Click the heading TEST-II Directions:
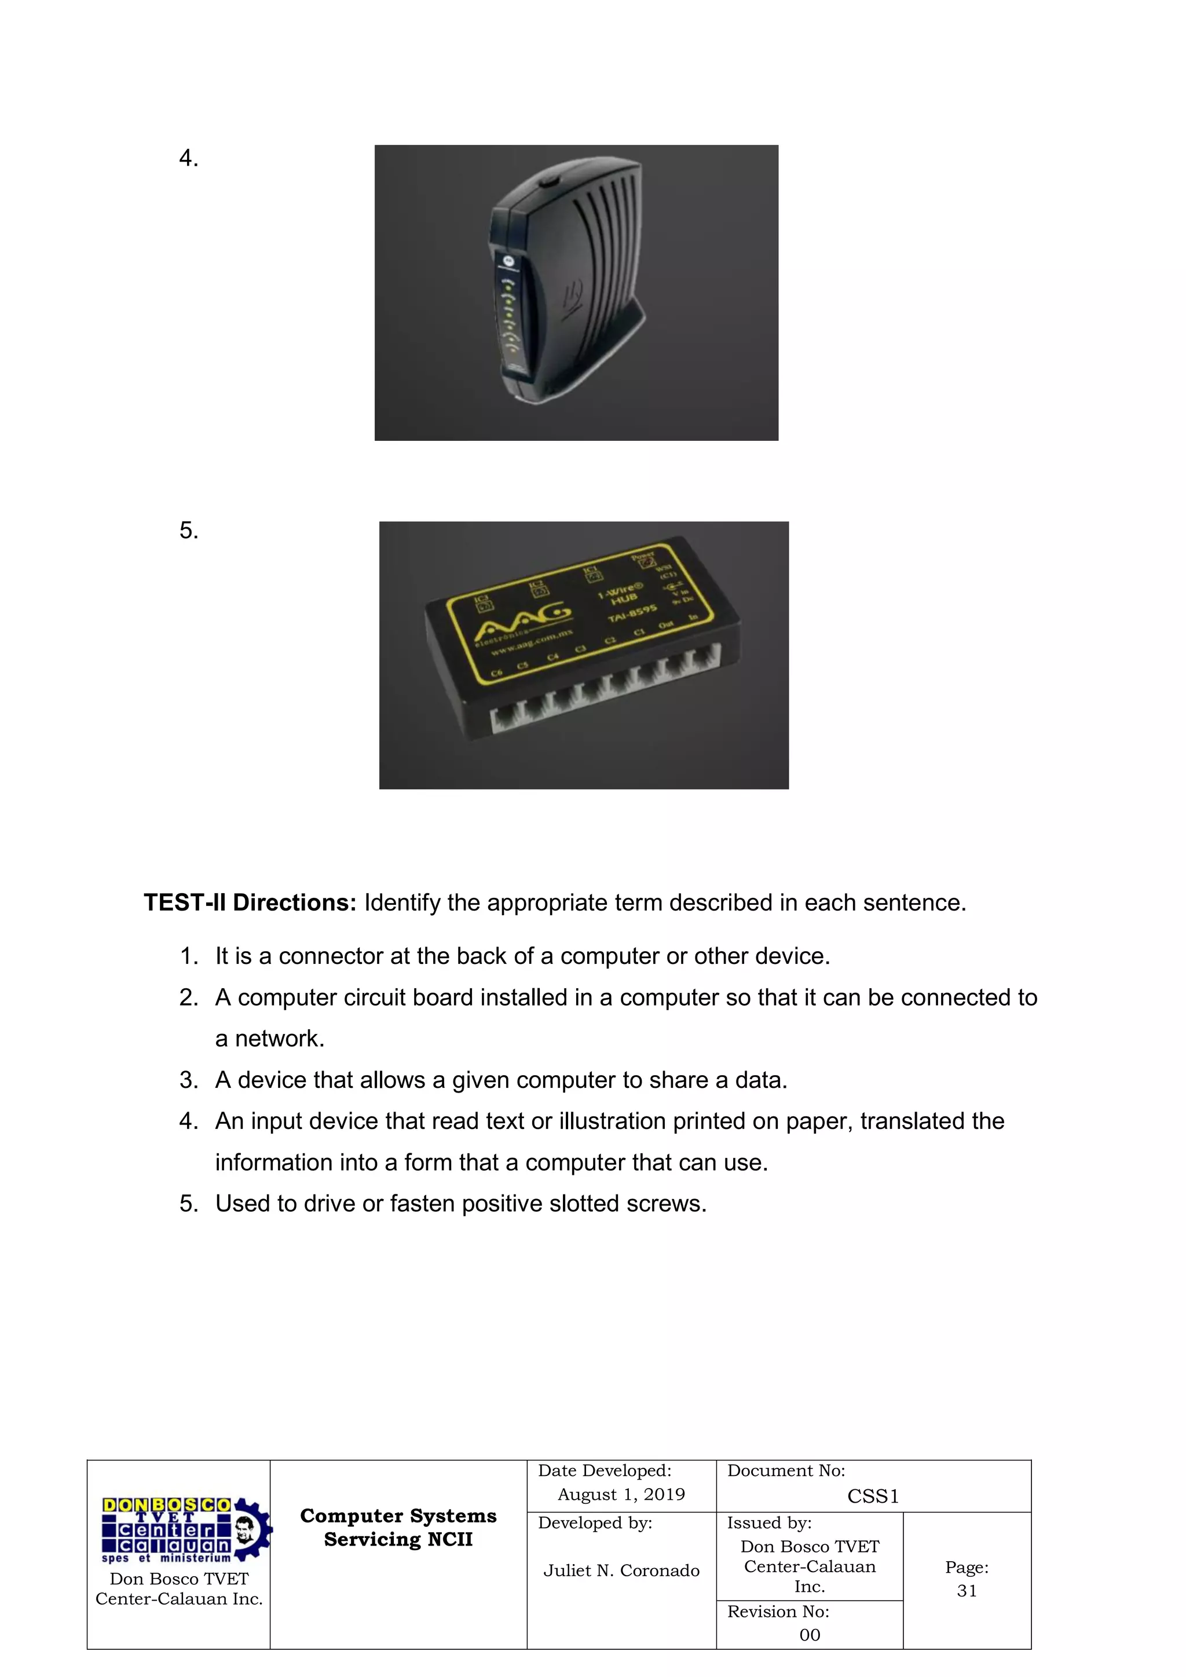point(250,903)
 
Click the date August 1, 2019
point(621,1495)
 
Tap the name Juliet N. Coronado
point(621,1570)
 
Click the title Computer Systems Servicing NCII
point(398,1528)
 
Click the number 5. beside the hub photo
point(188,530)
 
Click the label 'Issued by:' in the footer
point(769,1523)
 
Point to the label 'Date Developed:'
point(605,1471)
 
